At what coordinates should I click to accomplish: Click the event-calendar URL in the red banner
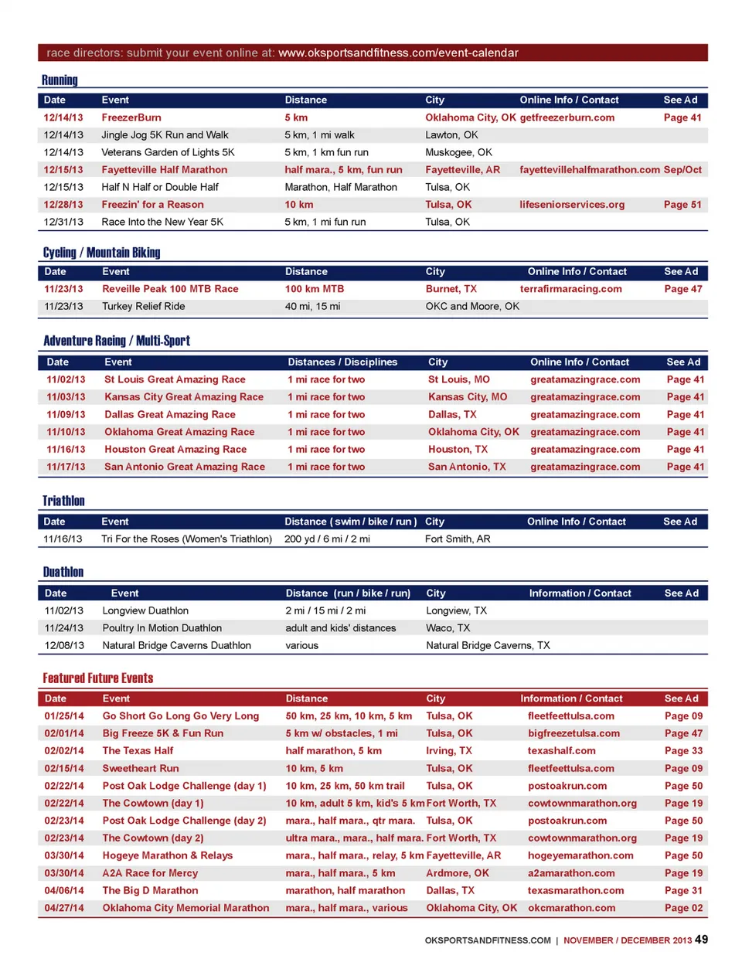click(x=398, y=53)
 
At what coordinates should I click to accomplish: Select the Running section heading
click(x=60, y=80)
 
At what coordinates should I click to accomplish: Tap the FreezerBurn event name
click(x=131, y=117)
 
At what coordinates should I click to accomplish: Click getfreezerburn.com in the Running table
click(x=567, y=117)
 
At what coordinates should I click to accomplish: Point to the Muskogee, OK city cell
click(x=458, y=152)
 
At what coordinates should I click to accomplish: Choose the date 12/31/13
click(x=63, y=222)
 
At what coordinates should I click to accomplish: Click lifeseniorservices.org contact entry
click(x=572, y=205)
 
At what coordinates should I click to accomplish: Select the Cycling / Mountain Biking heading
click(x=101, y=253)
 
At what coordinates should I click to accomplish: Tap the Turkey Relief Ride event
click(x=144, y=306)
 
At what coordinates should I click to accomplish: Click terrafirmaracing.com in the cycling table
click(x=570, y=289)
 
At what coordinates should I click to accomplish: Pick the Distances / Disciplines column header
click(x=342, y=362)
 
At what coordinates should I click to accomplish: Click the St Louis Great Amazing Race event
click(x=175, y=379)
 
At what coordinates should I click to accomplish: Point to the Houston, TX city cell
click(x=458, y=449)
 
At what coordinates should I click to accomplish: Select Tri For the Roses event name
click(x=186, y=539)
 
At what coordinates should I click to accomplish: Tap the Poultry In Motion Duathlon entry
click(x=162, y=628)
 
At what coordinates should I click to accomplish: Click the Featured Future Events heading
click(x=98, y=678)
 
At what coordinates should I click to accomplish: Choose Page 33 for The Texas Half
click(x=683, y=750)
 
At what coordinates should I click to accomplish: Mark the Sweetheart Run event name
click(x=141, y=768)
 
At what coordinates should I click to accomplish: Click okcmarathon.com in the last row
click(x=571, y=908)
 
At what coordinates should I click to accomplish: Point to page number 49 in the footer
click(x=701, y=940)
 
